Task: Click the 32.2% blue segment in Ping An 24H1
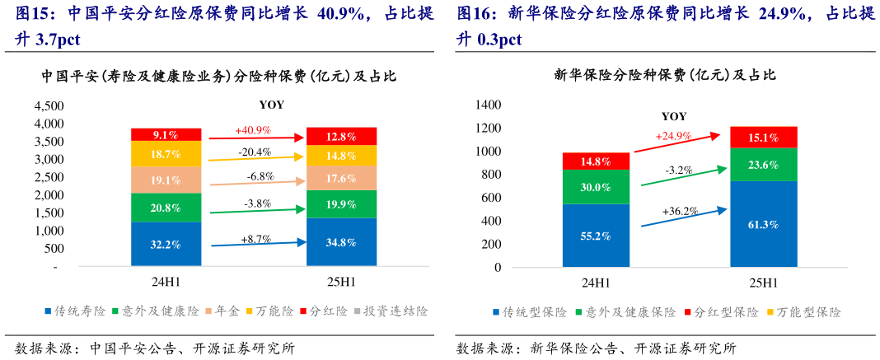[166, 244]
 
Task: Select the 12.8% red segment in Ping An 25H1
[340, 137]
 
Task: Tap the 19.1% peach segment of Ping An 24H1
[166, 180]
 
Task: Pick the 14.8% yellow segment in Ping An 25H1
[340, 156]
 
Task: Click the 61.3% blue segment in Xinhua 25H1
[763, 223]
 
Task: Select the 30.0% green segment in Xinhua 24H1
[596, 186]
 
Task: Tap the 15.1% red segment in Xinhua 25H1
[763, 138]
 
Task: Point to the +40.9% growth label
[253, 130]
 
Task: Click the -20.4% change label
[253, 152]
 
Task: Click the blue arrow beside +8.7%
[257, 243]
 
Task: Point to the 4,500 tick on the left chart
[49, 106]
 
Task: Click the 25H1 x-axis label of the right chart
[763, 283]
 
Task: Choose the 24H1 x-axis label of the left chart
[166, 283]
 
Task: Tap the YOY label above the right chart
[673, 116]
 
